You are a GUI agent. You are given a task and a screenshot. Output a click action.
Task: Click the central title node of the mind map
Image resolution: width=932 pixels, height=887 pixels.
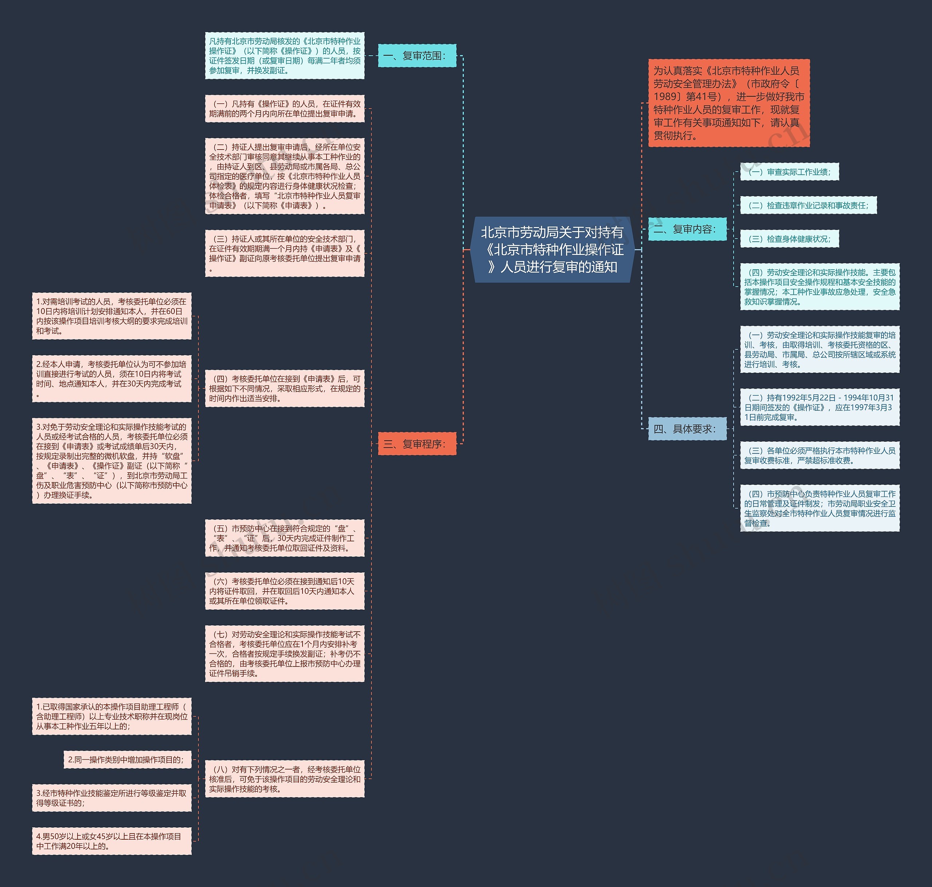[x=552, y=250]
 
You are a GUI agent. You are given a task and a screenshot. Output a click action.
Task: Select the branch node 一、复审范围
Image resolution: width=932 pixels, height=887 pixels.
[x=417, y=56]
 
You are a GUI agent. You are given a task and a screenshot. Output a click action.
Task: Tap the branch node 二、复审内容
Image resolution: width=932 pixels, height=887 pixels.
[x=687, y=229]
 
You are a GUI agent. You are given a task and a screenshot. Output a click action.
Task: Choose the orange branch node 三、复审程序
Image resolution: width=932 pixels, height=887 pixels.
[x=417, y=444]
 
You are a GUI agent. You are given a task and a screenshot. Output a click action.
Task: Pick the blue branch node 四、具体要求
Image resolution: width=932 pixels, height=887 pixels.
[x=687, y=429]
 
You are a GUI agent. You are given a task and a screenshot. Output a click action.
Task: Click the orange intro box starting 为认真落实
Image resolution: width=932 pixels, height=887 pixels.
[x=728, y=103]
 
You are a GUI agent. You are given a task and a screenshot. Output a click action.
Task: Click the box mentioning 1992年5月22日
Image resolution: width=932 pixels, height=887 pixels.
[x=820, y=407]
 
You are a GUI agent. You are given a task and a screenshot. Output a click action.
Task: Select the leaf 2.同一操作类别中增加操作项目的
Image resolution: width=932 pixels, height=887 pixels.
[x=127, y=759]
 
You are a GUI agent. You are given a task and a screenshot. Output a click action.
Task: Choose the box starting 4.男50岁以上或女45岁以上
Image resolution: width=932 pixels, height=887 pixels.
[x=112, y=841]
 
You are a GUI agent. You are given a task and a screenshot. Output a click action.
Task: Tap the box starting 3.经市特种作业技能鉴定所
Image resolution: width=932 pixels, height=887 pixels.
[x=112, y=797]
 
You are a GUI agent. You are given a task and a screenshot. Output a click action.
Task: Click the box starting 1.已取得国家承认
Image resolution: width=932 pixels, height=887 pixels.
[x=112, y=716]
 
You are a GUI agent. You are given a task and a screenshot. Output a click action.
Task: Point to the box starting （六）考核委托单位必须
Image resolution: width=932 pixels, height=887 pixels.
[x=284, y=591]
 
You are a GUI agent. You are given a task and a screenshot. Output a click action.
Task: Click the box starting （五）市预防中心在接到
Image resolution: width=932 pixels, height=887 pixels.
[x=284, y=538]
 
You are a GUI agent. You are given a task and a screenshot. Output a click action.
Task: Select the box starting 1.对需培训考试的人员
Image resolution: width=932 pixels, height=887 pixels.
[x=112, y=316]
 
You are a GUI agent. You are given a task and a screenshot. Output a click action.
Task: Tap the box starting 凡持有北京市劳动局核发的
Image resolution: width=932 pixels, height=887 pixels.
[x=284, y=56]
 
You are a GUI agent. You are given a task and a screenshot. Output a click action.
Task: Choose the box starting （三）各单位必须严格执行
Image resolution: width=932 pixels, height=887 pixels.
[x=820, y=455]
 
